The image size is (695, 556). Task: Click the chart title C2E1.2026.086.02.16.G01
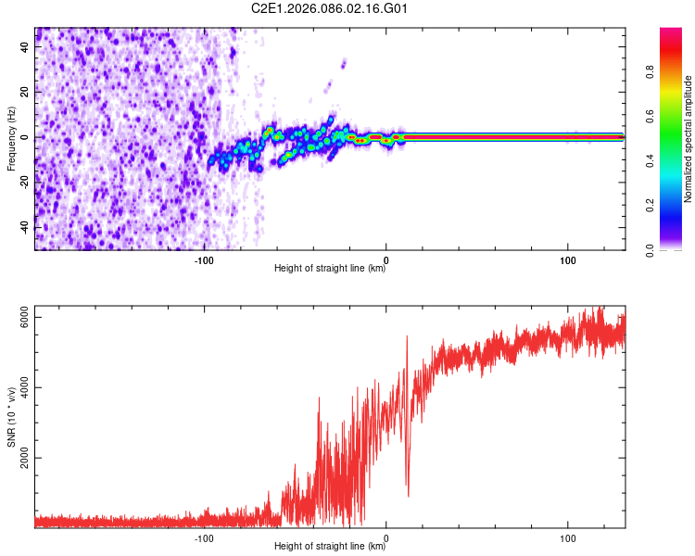point(331,9)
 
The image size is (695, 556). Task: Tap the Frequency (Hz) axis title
point(12,139)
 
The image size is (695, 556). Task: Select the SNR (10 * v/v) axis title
point(12,417)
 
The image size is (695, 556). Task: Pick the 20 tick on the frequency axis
point(26,92)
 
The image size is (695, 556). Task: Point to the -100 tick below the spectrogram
point(204,260)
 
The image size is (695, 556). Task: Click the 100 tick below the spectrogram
point(567,260)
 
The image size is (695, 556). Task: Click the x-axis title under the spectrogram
point(330,269)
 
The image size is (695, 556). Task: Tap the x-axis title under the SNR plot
point(330,547)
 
